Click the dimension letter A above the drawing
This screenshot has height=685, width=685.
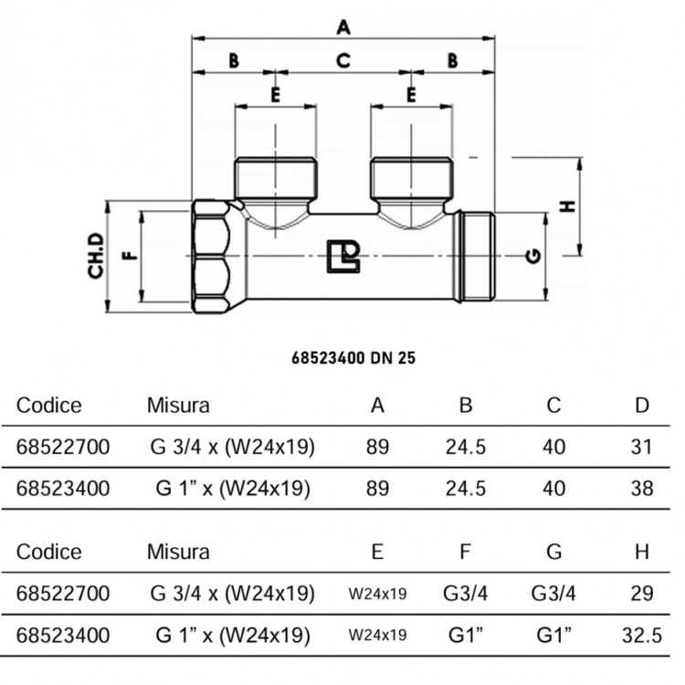(x=343, y=27)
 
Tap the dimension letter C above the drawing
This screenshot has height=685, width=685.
(x=343, y=60)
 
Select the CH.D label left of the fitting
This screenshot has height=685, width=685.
(x=96, y=256)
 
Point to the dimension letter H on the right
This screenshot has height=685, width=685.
(x=567, y=206)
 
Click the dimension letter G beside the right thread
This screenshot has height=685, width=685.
(x=533, y=256)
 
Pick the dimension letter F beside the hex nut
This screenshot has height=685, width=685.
(x=130, y=255)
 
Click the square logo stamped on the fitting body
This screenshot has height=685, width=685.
(x=343, y=256)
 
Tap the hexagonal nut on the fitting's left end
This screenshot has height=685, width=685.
(x=211, y=257)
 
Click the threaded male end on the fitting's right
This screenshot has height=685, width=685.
(x=474, y=257)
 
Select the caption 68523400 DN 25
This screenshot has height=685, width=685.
(x=353, y=358)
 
